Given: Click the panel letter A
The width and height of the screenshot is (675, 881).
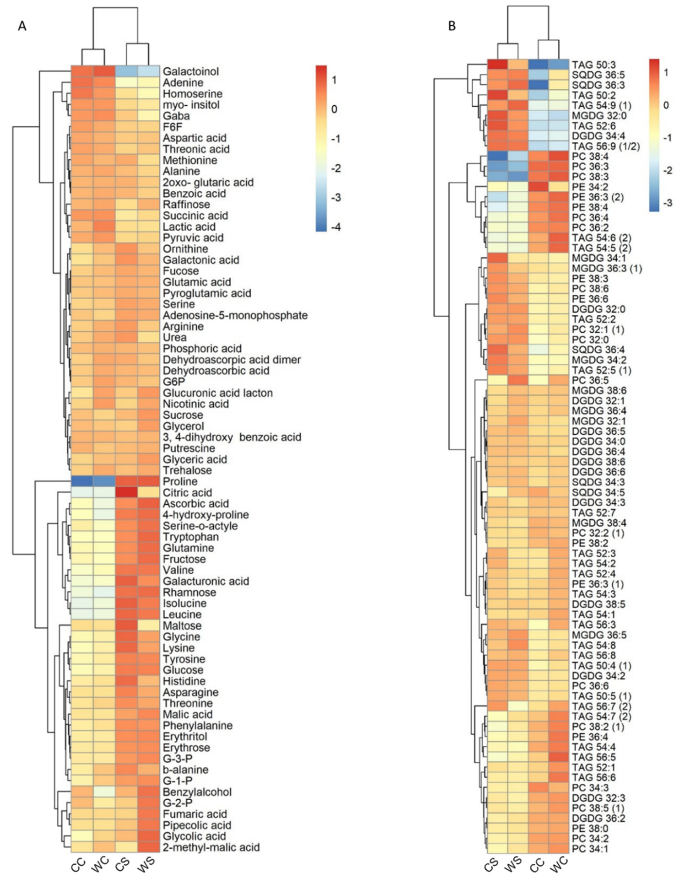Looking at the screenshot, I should (22, 27).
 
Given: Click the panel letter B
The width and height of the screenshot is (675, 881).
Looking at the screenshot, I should (452, 27).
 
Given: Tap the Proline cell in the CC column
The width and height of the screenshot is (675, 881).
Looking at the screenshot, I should (82, 482).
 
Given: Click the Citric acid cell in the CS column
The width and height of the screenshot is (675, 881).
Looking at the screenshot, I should (127, 492).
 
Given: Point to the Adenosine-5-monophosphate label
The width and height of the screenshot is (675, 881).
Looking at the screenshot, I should (235, 315).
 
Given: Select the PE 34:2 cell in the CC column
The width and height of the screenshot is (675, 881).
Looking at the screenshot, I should (538, 187).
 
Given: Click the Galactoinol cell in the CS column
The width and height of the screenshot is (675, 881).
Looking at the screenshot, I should (127, 71).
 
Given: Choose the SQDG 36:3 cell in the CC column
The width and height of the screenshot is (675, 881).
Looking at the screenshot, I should (538, 85).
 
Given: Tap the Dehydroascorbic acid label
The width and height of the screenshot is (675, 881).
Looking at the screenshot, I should (216, 371).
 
